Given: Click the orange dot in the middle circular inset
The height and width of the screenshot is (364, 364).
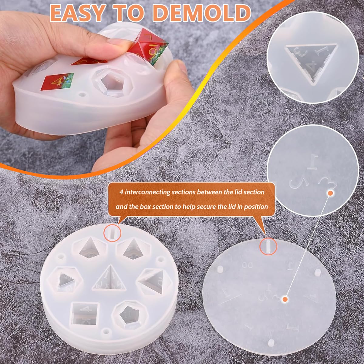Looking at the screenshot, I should pos(331,193).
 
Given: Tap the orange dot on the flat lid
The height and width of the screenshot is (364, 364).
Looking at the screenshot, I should pos(285,299).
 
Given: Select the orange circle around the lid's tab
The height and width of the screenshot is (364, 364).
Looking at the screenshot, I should pos(268,246).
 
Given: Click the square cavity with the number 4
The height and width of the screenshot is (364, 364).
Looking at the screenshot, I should pos(82,313).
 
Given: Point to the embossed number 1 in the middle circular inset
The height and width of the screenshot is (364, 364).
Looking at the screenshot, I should pos(313,162).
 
